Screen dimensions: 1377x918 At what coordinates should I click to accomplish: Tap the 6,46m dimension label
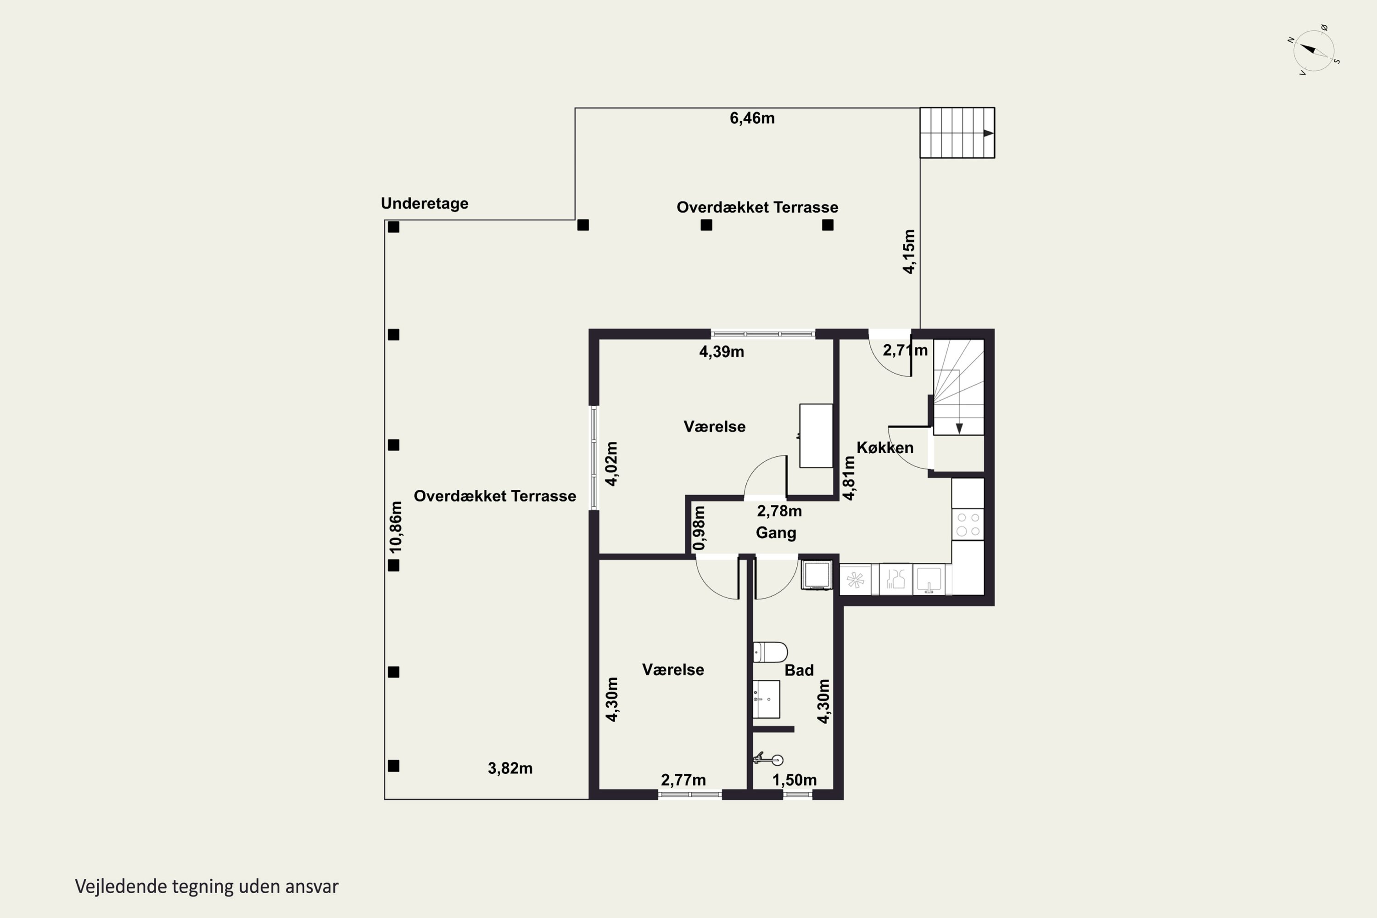click(x=752, y=118)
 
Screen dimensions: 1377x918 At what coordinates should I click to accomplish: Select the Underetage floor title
click(x=425, y=203)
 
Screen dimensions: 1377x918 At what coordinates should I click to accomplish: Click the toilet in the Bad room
click(x=770, y=652)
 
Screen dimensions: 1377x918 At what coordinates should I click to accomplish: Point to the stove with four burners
click(x=968, y=524)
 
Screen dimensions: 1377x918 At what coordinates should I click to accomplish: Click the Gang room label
click(x=776, y=533)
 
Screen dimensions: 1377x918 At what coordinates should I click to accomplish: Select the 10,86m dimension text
click(x=397, y=527)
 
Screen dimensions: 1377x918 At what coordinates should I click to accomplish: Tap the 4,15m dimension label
click(x=909, y=251)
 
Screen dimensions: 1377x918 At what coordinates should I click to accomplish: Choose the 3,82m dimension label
click(x=510, y=768)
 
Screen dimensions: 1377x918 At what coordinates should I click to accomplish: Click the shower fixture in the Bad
click(x=768, y=759)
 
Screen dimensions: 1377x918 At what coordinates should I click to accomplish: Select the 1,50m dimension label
click(x=795, y=780)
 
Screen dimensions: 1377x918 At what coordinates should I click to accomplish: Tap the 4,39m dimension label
click(x=722, y=352)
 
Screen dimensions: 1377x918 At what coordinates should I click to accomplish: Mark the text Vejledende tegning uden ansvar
click(x=207, y=886)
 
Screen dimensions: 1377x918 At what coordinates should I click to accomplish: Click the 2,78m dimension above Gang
click(x=779, y=511)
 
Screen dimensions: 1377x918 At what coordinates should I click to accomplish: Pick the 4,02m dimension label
click(x=611, y=464)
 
